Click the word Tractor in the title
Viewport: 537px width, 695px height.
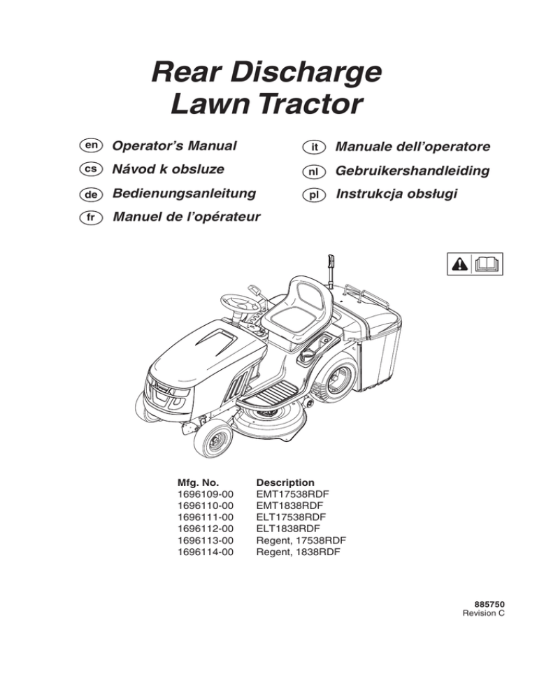coord(311,104)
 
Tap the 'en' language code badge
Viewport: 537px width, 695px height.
coord(91,145)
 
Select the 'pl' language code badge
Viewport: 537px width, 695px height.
coord(314,195)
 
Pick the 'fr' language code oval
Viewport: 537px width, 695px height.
coord(91,217)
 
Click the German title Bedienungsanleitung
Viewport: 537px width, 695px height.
coord(184,194)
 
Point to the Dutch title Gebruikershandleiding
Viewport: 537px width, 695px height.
coord(413,171)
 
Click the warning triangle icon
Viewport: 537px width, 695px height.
coord(460,264)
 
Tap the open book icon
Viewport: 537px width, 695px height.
coord(487,264)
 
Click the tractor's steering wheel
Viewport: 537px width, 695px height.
coord(241,303)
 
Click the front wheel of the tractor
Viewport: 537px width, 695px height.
coord(213,439)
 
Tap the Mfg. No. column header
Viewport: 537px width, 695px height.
coord(198,482)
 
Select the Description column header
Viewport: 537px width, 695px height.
coord(285,482)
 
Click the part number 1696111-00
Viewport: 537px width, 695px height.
coord(205,517)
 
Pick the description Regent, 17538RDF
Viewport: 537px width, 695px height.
coord(301,540)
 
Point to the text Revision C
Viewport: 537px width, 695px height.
coord(483,613)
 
